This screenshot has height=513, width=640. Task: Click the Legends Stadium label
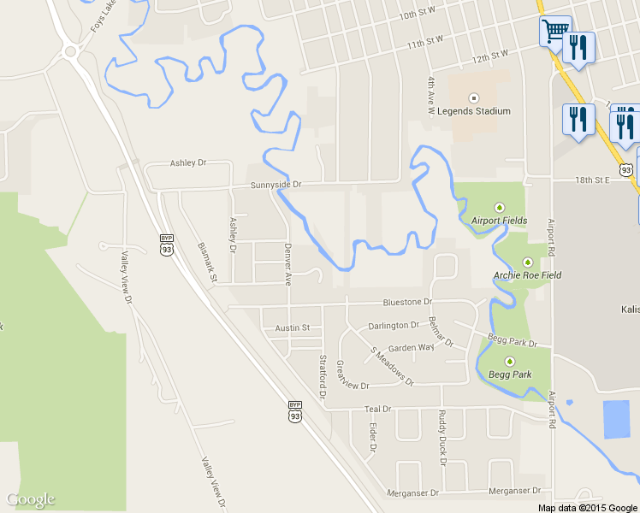click(473, 111)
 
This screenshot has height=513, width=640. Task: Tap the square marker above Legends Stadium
click(473, 97)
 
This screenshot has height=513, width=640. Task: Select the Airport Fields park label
click(499, 221)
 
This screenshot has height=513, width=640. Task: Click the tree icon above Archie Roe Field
click(528, 262)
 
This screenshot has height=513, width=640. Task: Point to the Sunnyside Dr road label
click(276, 185)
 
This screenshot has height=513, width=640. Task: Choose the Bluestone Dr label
click(407, 302)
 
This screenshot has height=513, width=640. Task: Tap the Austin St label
click(292, 328)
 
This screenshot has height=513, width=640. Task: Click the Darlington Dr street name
click(394, 326)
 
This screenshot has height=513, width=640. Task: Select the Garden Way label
click(412, 347)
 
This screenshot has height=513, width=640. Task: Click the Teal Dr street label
click(377, 410)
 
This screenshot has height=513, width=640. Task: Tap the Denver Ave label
click(288, 264)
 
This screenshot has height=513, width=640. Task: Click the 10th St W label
click(418, 15)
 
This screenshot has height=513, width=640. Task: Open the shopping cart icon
click(555, 32)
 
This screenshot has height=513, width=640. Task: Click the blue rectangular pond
click(615, 419)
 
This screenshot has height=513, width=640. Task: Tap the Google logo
click(31, 500)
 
